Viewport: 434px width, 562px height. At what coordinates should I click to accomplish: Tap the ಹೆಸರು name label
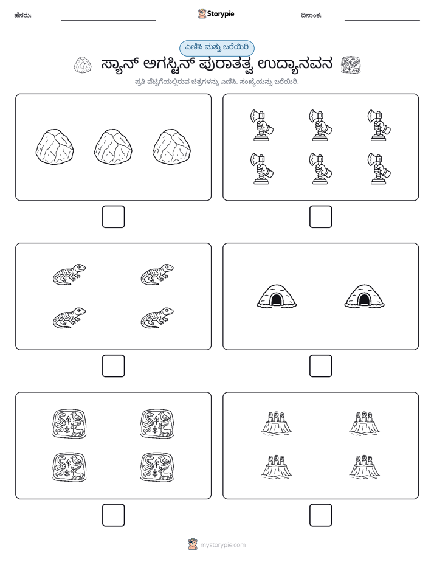point(23,15)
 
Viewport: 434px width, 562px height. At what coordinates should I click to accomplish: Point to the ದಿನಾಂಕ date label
point(311,15)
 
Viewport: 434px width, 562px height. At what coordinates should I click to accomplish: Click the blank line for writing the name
point(108,21)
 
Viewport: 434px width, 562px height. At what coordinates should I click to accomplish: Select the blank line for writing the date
point(382,21)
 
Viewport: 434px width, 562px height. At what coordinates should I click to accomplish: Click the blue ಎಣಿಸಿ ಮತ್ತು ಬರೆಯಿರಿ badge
point(216,48)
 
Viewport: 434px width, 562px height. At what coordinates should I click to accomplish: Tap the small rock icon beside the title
point(83,65)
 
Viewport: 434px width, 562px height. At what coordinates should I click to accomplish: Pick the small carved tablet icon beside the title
point(351,64)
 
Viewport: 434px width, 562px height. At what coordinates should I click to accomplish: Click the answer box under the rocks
point(114,217)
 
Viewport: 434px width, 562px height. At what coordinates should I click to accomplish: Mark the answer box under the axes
point(320,217)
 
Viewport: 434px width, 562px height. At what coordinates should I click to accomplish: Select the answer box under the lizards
point(114,366)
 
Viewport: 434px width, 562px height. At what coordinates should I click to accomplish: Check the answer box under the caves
point(320,366)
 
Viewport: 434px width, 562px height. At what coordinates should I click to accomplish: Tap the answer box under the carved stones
point(114,515)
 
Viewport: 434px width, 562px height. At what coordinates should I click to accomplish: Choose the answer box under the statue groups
point(320,515)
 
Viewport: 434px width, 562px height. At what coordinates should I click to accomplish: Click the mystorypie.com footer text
point(222,545)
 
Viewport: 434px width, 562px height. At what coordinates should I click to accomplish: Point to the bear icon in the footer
point(193,544)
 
